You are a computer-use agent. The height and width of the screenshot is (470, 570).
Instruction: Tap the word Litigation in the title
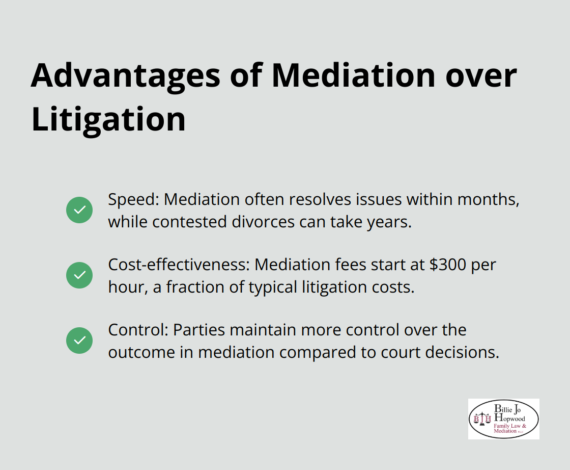pyautogui.click(x=108, y=119)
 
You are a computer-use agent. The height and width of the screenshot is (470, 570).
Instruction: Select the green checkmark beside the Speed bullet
pyautogui.click(x=79, y=210)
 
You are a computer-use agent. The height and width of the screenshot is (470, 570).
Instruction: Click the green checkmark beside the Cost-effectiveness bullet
pyautogui.click(x=79, y=275)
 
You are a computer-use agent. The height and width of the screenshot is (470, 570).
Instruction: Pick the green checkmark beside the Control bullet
pyautogui.click(x=79, y=341)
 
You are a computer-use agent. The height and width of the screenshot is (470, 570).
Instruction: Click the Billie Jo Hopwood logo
pyautogui.click(x=503, y=419)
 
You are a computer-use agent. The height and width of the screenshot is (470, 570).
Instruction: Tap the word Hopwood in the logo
pyautogui.click(x=511, y=419)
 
